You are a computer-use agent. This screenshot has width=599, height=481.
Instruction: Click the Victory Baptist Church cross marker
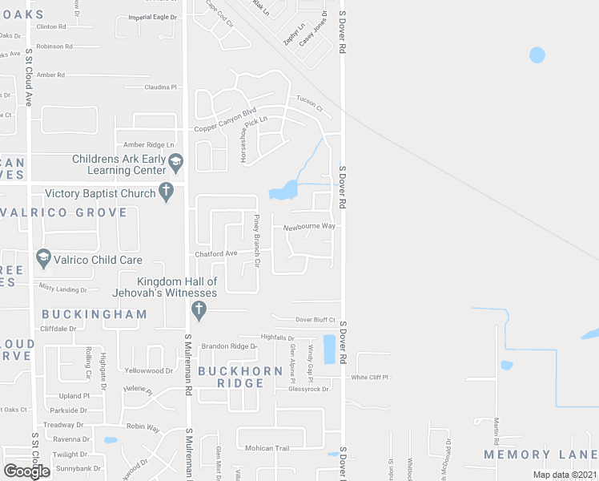tap(166, 192)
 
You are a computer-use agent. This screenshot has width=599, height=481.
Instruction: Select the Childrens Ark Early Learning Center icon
tap(176, 165)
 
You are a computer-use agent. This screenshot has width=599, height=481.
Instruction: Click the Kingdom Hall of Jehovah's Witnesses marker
tap(199, 309)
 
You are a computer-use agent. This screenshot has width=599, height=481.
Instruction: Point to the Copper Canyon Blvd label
tap(225, 128)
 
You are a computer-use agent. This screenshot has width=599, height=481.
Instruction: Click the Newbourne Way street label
tap(309, 226)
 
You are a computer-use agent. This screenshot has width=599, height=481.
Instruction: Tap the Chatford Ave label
tap(216, 253)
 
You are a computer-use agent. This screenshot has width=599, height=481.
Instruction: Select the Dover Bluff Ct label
tap(315, 319)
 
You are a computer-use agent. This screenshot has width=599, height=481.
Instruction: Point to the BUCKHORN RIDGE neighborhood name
tap(240, 377)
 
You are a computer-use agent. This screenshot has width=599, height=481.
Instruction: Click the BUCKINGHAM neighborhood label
tap(94, 314)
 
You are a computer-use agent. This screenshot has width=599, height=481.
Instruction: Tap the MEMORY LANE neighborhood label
tap(541, 455)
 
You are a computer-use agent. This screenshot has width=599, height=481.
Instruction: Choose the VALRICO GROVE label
tap(64, 212)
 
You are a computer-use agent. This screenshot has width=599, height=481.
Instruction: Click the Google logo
tap(26, 471)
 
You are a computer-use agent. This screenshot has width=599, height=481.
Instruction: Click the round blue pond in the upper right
tap(537, 55)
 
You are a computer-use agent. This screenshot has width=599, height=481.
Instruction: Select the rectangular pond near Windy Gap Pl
tap(329, 349)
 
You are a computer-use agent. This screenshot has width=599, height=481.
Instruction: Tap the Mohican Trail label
tap(266, 448)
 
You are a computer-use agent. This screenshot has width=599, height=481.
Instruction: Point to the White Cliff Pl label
tap(369, 377)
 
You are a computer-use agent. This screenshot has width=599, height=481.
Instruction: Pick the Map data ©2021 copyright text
tap(563, 474)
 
